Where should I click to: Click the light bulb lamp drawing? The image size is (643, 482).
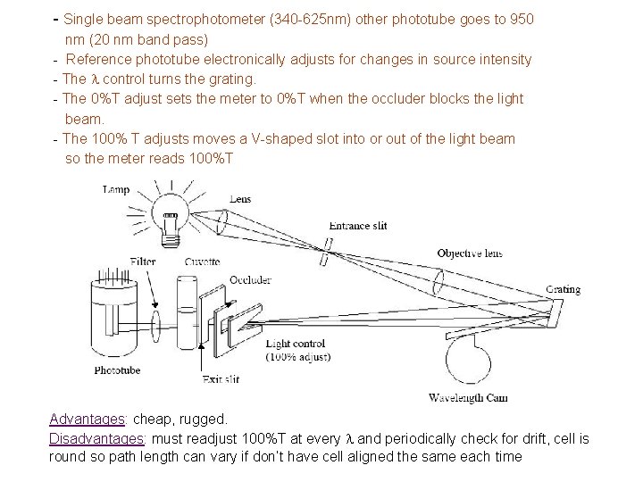173,215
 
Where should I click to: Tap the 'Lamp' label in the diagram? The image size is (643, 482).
118,189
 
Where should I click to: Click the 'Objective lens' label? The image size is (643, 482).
469,253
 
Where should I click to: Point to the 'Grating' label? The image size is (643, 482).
564,289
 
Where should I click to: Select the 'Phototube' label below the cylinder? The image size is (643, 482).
118,370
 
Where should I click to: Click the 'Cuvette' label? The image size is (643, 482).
203,262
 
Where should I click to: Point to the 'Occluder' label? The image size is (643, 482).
251,279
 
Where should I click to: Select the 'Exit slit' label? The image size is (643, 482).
221,379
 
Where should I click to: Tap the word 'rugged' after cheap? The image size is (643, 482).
205,419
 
